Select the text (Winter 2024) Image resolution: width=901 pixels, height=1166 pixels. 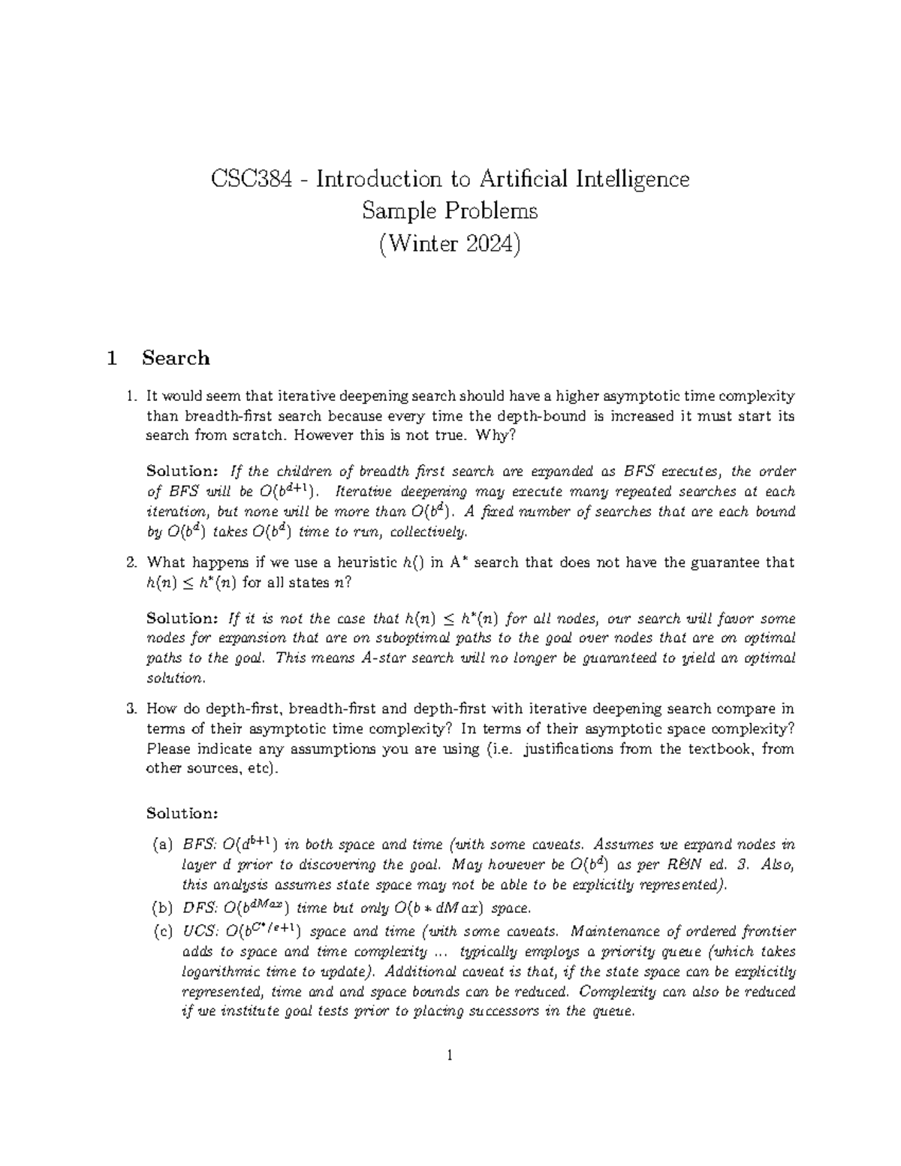click(450, 244)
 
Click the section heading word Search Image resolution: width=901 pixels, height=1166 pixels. click(176, 358)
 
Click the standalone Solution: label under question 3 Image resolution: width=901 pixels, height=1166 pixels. click(182, 813)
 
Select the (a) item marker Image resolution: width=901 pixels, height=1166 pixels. click(162, 845)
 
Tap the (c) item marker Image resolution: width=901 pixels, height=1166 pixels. click(162, 932)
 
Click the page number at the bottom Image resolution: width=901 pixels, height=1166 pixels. click(450, 1056)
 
